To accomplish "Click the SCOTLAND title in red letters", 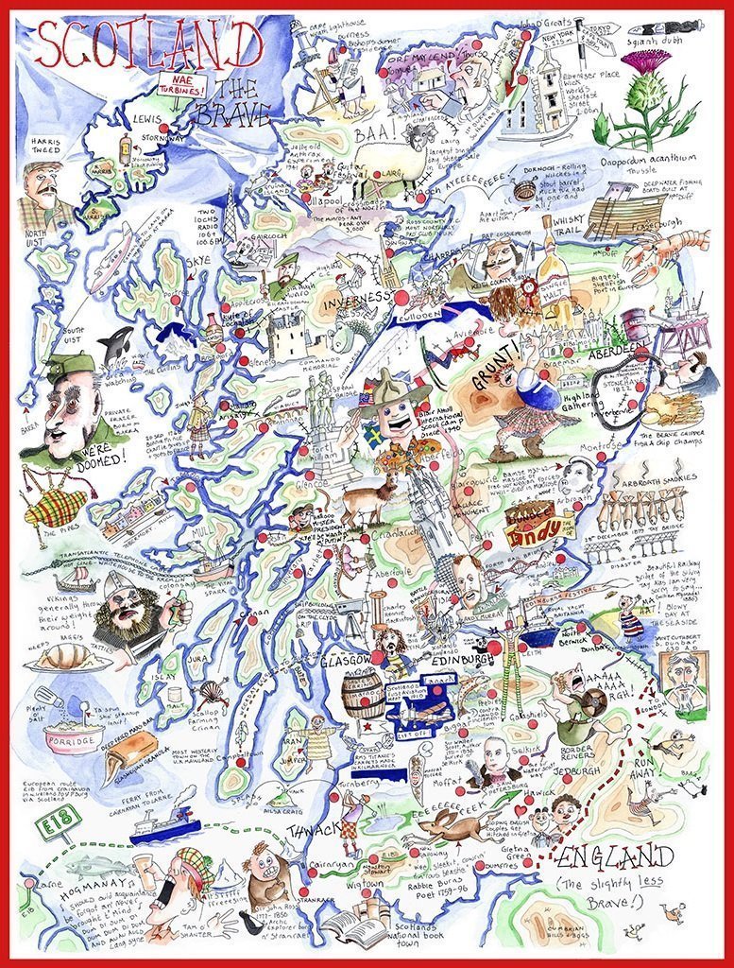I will click(x=148, y=45).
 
